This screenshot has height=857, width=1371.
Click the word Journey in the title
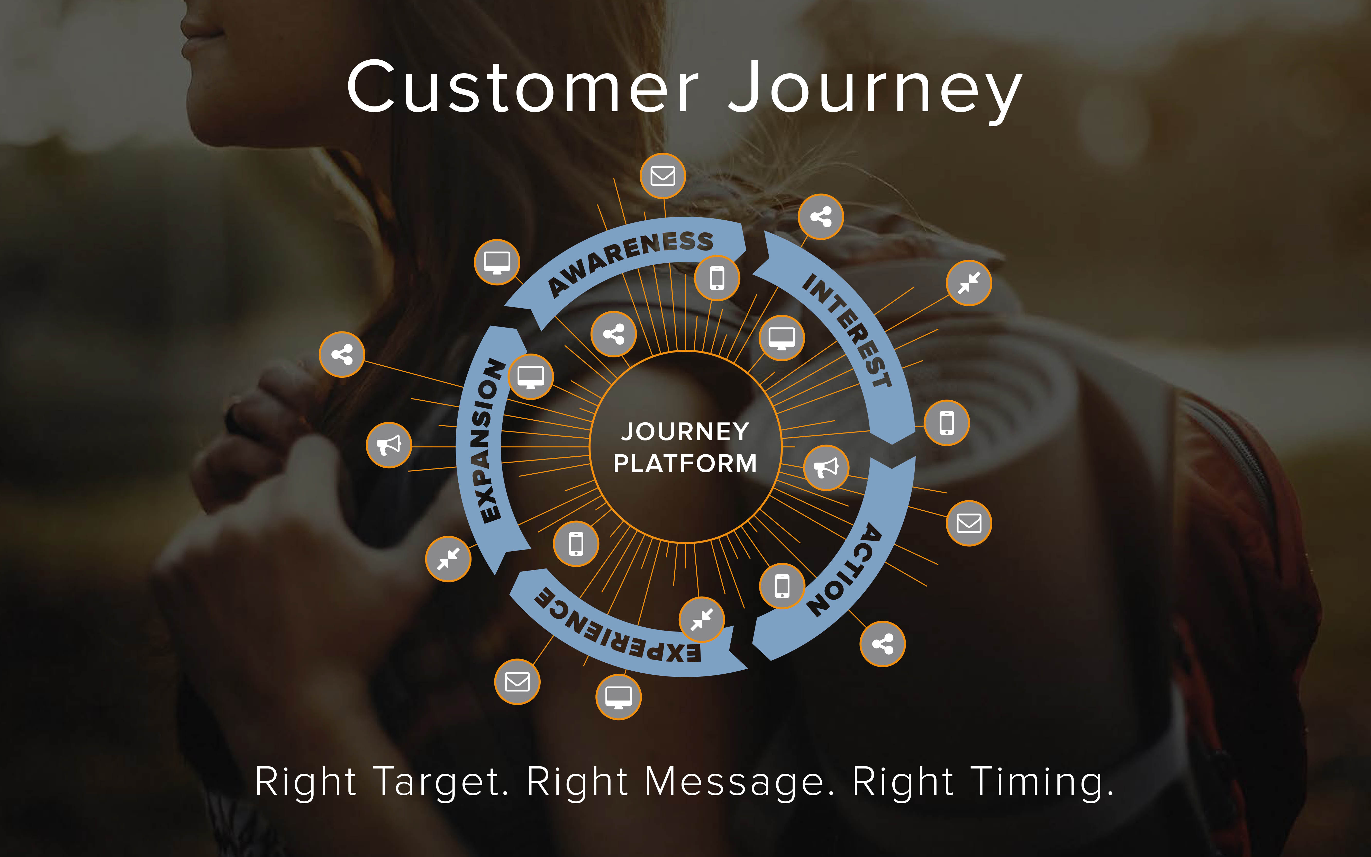pyautogui.click(x=875, y=91)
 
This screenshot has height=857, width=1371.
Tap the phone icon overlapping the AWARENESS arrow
pyautogui.click(x=717, y=278)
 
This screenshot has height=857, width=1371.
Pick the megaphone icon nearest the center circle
pyautogui.click(x=826, y=468)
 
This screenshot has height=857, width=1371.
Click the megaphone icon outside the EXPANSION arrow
pyautogui.click(x=389, y=445)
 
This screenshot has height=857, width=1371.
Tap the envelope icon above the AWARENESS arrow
pyautogui.click(x=662, y=176)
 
